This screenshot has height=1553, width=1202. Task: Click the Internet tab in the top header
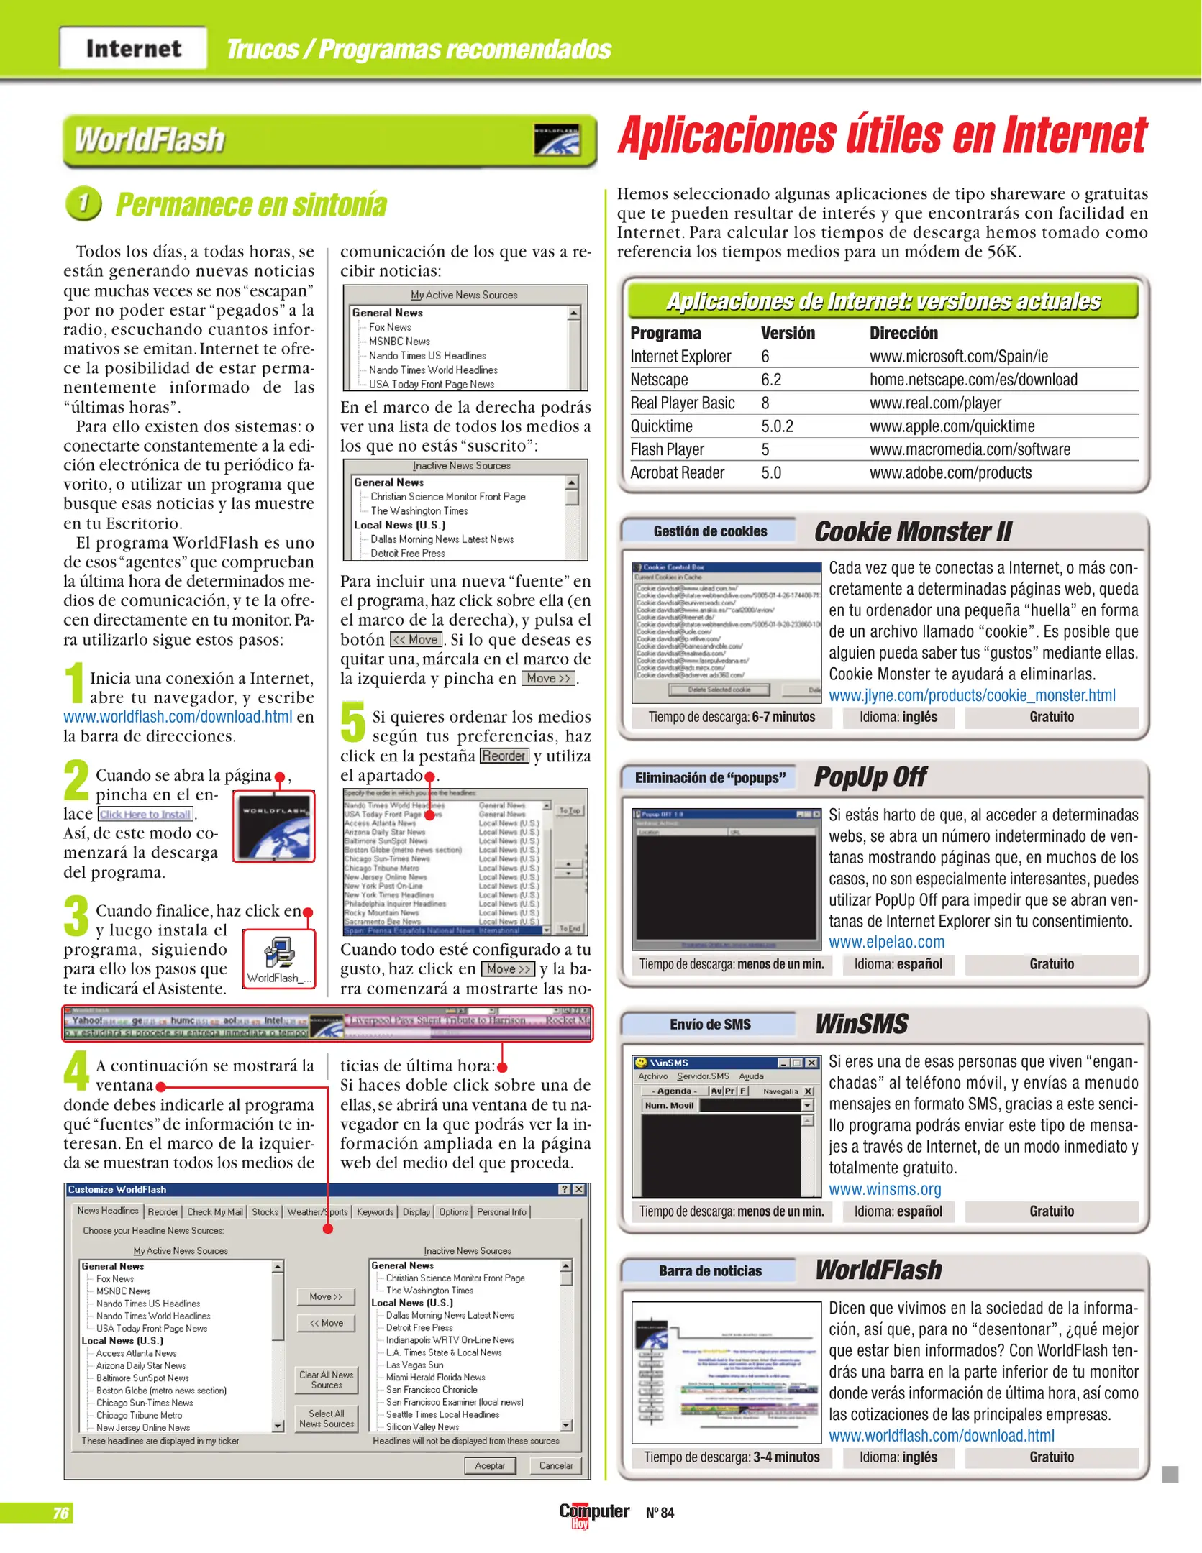(133, 48)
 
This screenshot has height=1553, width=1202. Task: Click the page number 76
(60, 1513)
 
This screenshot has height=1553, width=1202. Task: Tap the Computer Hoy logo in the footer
(594, 1513)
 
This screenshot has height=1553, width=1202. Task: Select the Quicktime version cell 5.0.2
(777, 426)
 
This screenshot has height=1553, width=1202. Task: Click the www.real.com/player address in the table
(935, 403)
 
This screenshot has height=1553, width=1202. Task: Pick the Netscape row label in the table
(659, 380)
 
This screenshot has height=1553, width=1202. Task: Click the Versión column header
(788, 333)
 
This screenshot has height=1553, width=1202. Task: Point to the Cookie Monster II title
(912, 531)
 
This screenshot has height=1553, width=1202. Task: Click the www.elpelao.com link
(886, 942)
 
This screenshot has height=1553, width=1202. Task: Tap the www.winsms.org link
(885, 1189)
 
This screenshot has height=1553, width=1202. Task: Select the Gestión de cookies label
(710, 531)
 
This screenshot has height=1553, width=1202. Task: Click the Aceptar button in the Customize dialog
(490, 1465)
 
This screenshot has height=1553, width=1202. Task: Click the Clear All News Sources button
(327, 1380)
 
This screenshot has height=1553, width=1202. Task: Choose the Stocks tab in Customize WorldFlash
(265, 1212)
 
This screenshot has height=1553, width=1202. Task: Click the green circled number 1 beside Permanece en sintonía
(83, 203)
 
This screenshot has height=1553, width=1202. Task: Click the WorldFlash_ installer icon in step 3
(278, 958)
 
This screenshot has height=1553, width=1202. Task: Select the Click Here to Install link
(146, 815)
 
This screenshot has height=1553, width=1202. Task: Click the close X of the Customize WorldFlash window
(579, 1190)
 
